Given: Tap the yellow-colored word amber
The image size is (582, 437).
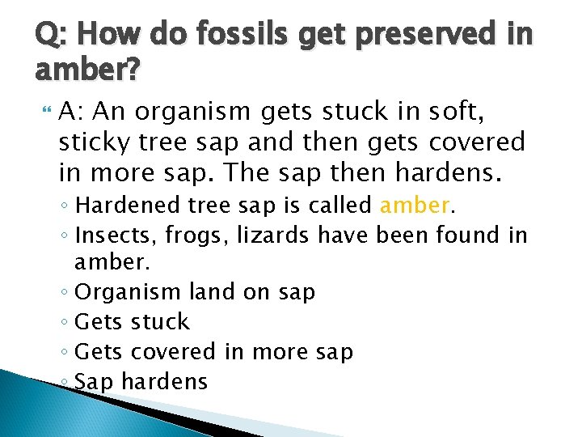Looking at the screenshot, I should pyautogui.click(x=415, y=205).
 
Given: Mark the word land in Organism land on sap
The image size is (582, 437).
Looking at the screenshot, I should pyautogui.click(x=211, y=291).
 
